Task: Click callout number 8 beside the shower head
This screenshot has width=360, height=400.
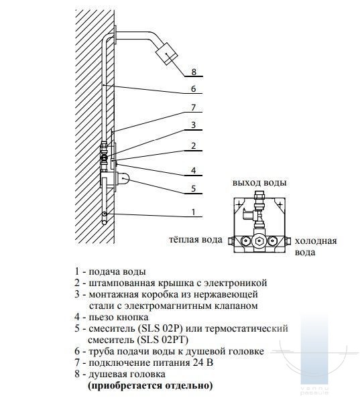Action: [194, 72]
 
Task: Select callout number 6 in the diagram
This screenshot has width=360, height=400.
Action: [194, 88]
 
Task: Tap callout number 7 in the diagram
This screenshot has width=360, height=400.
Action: [194, 107]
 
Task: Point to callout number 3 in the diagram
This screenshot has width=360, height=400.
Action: [194, 125]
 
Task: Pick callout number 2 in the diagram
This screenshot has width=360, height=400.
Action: [194, 145]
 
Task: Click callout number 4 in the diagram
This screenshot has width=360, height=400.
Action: [194, 170]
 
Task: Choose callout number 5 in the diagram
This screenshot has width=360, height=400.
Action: [194, 188]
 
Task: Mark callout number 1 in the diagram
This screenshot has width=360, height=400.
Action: [194, 212]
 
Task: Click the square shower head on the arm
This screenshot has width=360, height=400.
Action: [166, 54]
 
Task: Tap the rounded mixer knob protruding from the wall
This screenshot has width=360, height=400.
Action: [123, 178]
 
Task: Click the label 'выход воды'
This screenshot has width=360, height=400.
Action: [259, 183]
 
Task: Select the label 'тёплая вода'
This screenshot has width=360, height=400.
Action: [196, 240]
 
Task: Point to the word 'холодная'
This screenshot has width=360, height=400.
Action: [316, 241]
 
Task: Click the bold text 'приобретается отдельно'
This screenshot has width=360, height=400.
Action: [150, 385]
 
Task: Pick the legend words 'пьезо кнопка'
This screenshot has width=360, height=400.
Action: [119, 317]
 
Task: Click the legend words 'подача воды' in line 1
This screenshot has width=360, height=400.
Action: [117, 271]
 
